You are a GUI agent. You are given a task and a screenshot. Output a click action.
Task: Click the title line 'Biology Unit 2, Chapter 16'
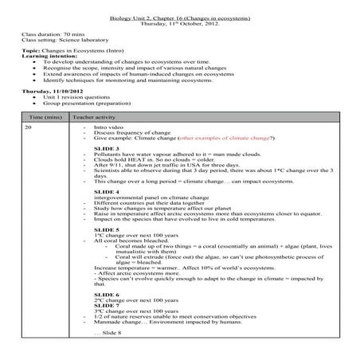[x=179, y=17]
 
